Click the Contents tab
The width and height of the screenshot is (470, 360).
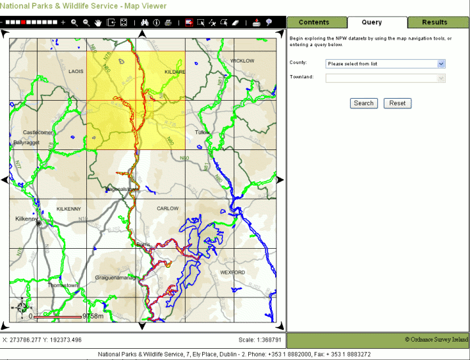(314, 22)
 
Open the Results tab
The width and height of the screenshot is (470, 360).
(434, 22)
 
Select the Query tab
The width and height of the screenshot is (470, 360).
(371, 22)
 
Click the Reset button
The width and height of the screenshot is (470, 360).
(397, 103)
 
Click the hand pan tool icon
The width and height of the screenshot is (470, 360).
(98, 22)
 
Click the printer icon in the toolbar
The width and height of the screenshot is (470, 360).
(169, 22)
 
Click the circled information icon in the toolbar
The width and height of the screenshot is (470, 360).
(157, 22)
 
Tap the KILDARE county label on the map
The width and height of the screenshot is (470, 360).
(175, 71)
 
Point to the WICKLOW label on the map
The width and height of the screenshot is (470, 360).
(242, 61)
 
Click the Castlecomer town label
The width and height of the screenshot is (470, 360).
(38, 132)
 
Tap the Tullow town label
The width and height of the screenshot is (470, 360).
(202, 132)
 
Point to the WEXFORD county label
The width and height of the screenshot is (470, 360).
(232, 272)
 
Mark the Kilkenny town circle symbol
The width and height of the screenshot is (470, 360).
(39, 223)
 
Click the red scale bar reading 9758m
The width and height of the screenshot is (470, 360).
(59, 317)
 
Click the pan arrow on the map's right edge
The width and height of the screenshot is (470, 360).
(280, 180)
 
